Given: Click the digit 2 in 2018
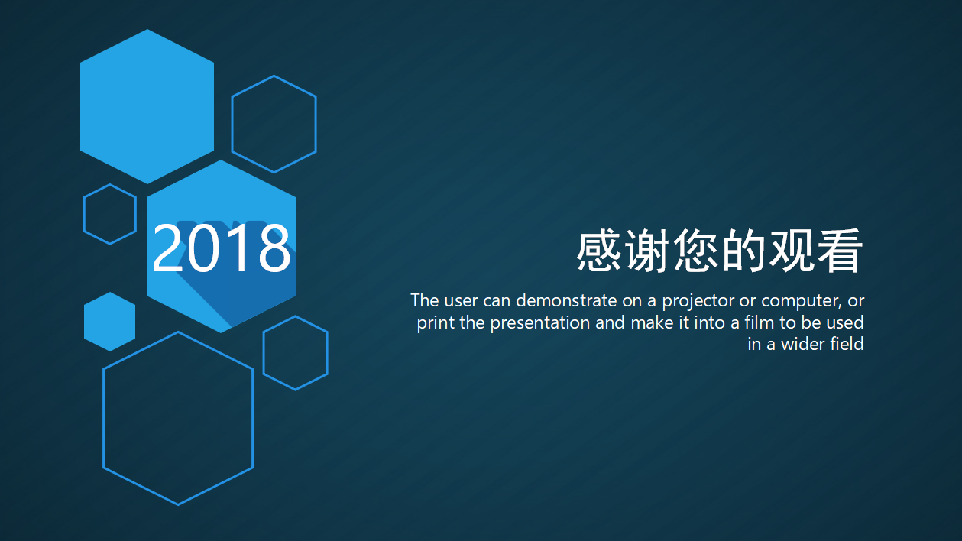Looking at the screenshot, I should coord(169,248).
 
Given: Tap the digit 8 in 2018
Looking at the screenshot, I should coord(273,248).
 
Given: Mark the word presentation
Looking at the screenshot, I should coord(540,322).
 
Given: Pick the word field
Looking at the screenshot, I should coord(847,345).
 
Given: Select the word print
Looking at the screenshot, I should coord(436,322).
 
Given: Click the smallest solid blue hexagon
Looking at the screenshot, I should coord(109,322).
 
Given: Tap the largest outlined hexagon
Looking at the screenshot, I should coord(178,418).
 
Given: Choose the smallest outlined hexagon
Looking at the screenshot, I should coord(110,214).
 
